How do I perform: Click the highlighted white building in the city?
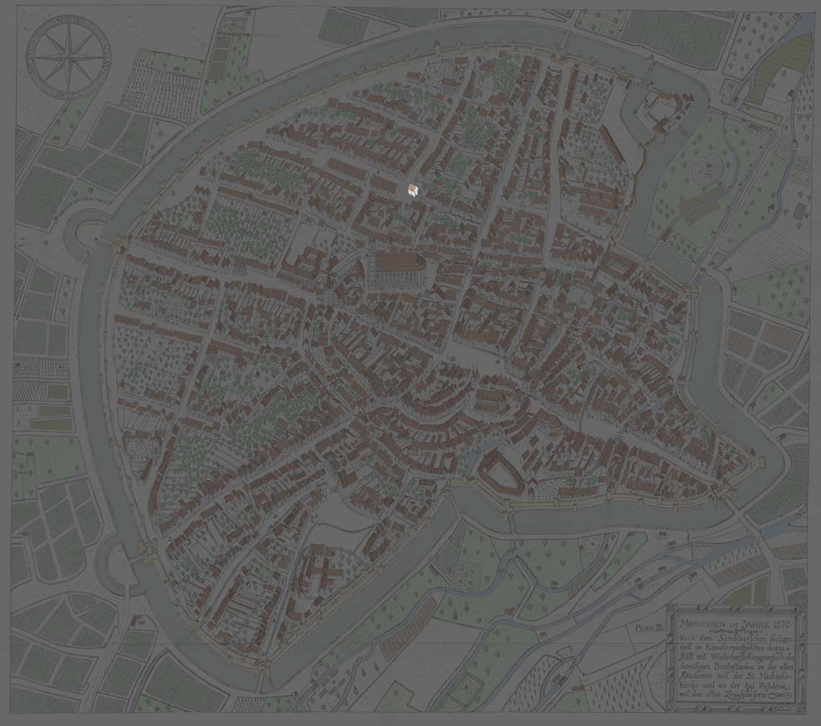pos(412,190)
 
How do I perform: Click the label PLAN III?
pos(648,628)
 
